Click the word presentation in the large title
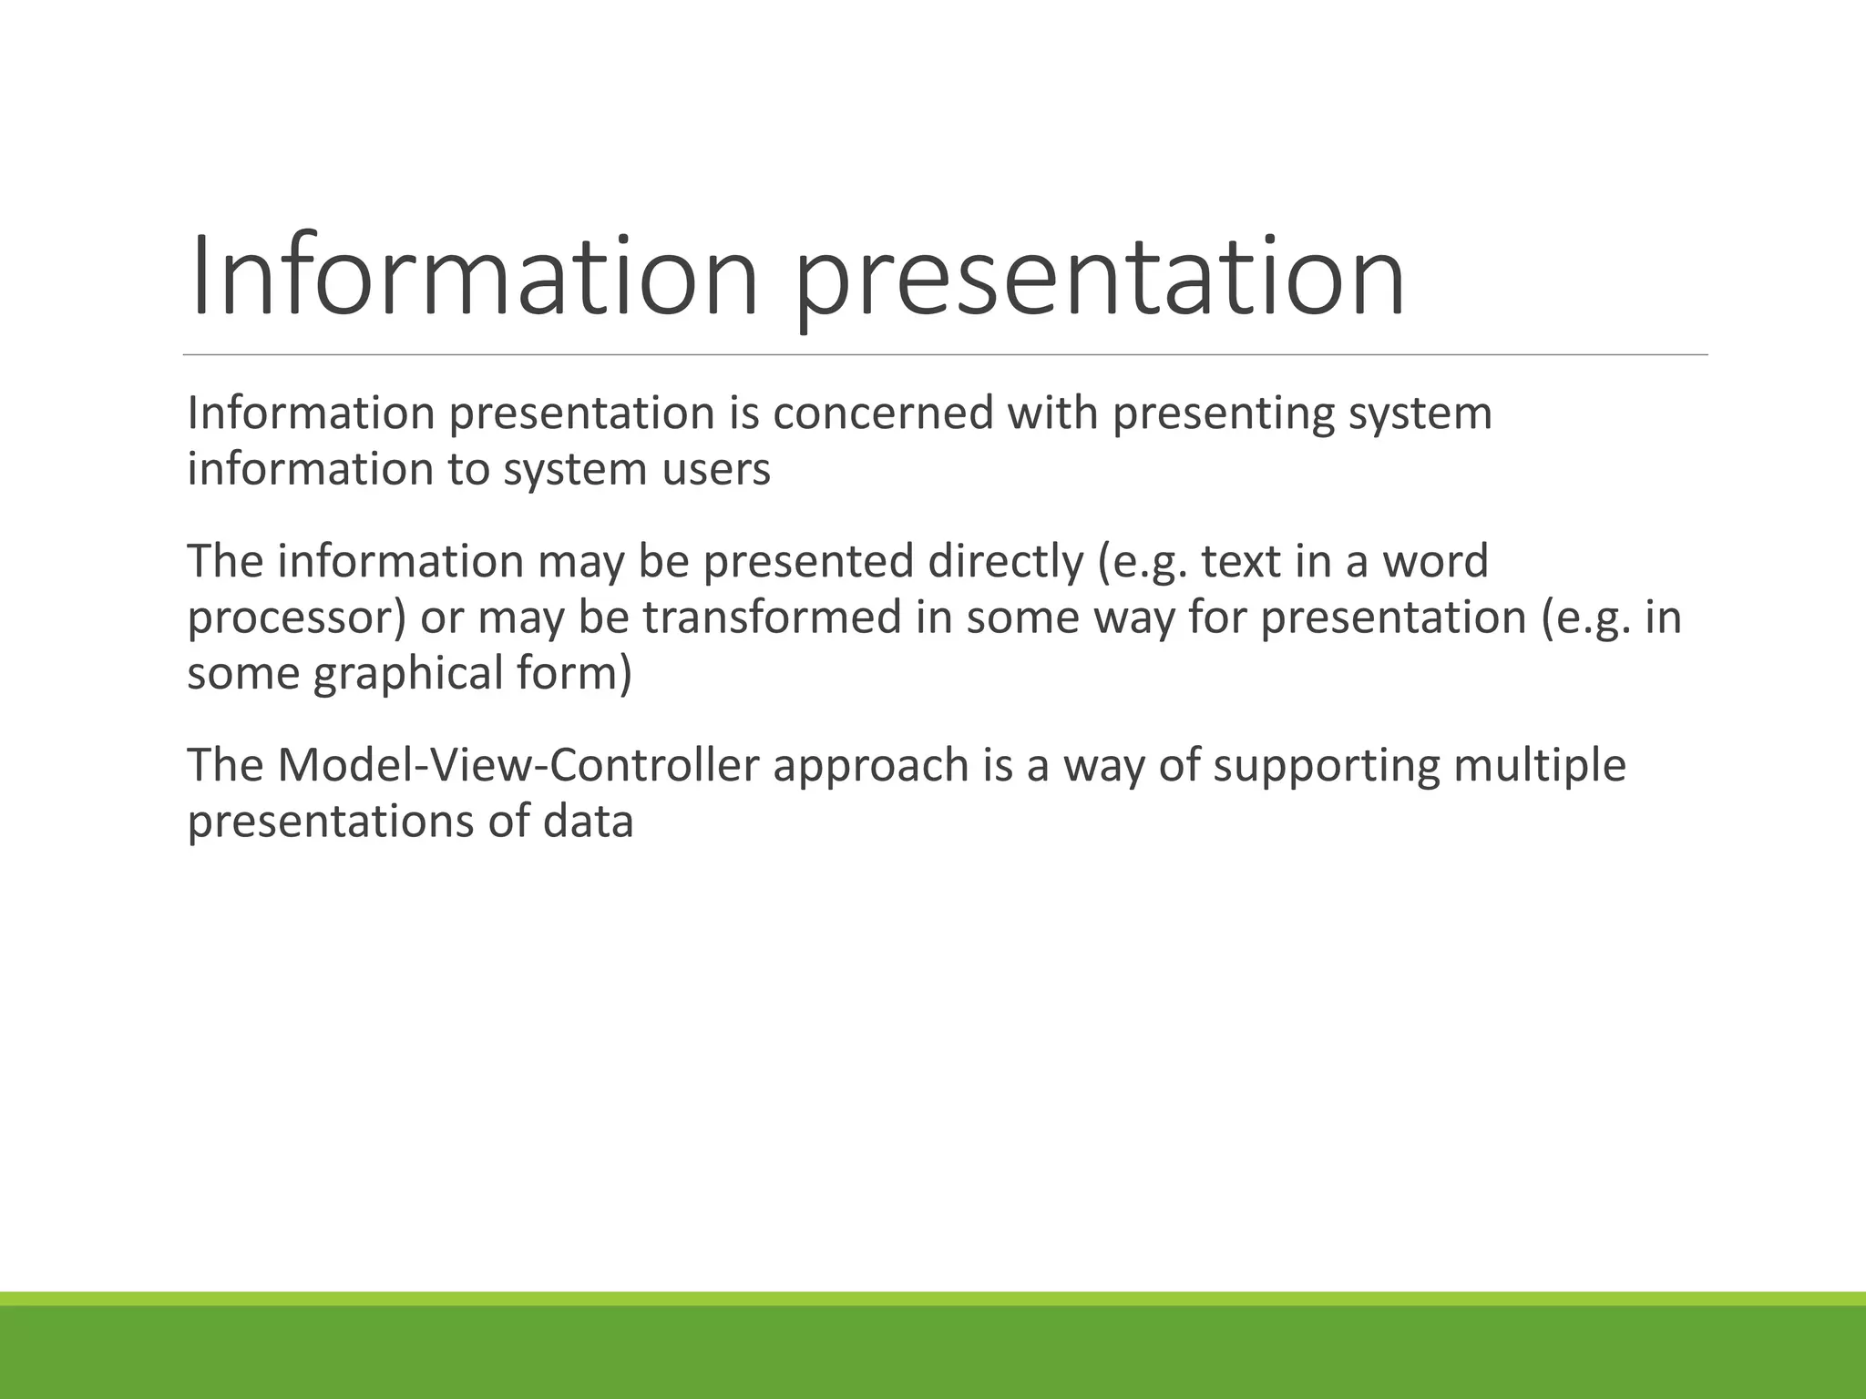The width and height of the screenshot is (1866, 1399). click(1101, 276)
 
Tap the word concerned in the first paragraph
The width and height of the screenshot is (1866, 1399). click(884, 414)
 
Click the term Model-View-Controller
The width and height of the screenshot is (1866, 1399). click(518, 765)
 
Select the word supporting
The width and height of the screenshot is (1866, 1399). click(1327, 765)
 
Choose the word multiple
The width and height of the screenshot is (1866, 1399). click(1540, 765)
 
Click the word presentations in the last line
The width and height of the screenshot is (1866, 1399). click(330, 822)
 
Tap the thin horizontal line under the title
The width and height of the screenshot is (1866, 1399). click(945, 354)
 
